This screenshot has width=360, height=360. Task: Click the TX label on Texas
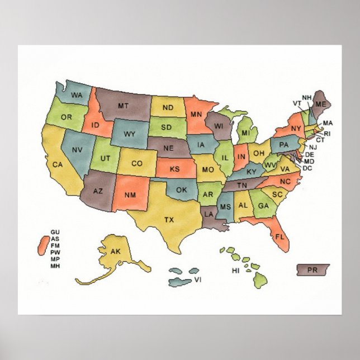point(168,220)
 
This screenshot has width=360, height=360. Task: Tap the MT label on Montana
point(124,105)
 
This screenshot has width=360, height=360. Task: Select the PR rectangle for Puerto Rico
point(312,270)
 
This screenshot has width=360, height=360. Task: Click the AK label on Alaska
point(115,252)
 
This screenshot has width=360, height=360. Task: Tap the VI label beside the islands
point(197,279)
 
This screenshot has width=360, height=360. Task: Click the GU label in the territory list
point(55,232)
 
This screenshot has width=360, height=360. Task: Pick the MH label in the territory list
point(55,266)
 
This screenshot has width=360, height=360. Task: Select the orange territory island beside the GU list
point(41,245)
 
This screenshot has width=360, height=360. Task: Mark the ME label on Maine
point(320,105)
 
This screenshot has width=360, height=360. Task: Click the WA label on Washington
point(77,96)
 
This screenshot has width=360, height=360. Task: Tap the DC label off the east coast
point(308,168)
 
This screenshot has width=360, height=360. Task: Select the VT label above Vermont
point(297,103)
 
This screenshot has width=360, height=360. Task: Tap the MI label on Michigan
point(245,133)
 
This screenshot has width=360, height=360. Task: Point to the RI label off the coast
point(327,134)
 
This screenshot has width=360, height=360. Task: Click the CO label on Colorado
point(136,164)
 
